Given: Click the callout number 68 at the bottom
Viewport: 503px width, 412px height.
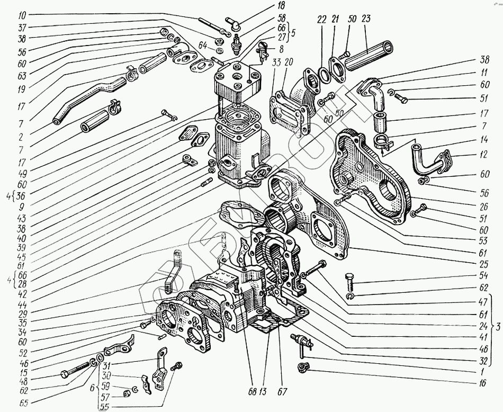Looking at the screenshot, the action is [253, 392].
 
